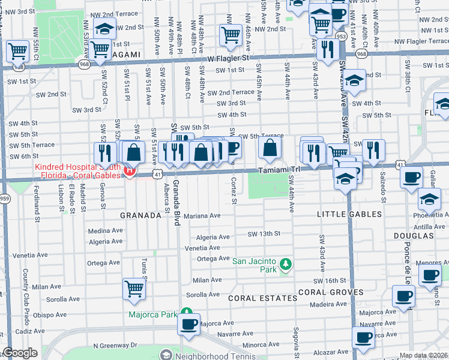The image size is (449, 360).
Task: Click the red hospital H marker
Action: [x=128, y=172]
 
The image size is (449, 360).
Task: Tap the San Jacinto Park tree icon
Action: [x=286, y=263]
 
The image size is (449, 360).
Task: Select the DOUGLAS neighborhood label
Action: [x=413, y=236]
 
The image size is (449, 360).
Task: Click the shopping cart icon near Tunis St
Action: [x=134, y=288]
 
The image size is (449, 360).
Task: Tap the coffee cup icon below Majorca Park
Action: [x=190, y=325]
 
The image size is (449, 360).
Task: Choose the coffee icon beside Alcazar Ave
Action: [x=363, y=337]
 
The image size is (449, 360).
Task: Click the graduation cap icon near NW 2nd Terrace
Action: [x=105, y=28]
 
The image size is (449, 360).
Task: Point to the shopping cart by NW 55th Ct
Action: [x=18, y=50]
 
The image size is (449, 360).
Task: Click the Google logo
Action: [x=20, y=353]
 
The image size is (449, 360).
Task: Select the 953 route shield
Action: [x=341, y=35]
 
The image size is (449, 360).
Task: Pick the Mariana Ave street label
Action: [x=202, y=215]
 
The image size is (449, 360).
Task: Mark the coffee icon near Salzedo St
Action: [x=411, y=177]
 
